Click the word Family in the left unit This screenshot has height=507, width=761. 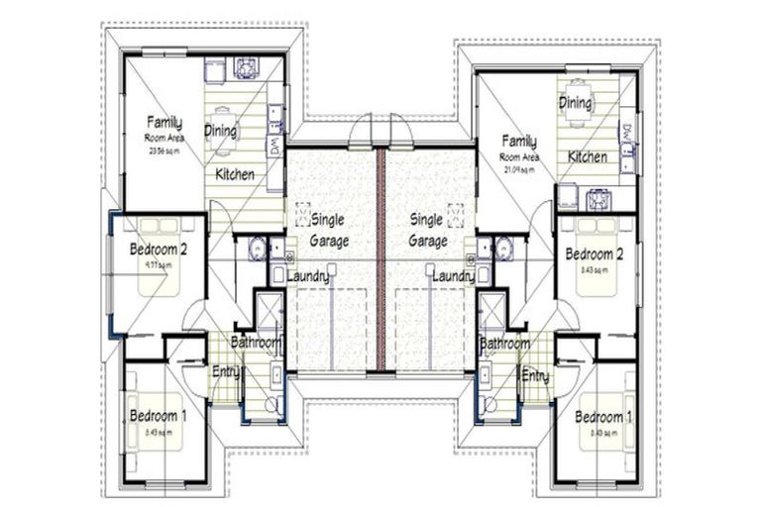point(164,122)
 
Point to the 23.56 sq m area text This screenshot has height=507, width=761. point(164,152)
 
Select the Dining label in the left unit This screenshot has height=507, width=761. point(220,130)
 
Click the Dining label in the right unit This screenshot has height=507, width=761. point(575,103)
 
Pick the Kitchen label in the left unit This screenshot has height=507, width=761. point(235,174)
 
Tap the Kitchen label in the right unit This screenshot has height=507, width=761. point(588,156)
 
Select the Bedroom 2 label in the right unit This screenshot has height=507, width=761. point(594,254)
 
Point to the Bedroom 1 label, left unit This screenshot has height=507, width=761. point(157,416)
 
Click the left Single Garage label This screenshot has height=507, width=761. point(328,229)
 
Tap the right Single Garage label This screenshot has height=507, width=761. point(427,229)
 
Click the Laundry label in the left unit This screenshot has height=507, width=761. point(307,276)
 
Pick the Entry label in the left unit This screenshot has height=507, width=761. point(225,372)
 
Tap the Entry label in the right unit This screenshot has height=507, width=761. point(535,375)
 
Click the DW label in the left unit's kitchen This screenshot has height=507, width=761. point(273,147)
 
